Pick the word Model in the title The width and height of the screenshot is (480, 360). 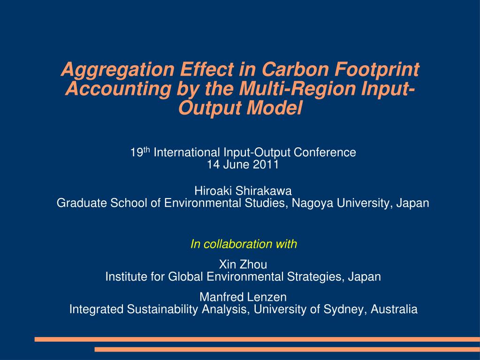(276, 108)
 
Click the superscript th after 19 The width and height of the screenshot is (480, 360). (146, 150)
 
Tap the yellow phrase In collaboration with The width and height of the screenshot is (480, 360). (244, 244)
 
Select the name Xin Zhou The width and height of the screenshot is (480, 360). (243, 265)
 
